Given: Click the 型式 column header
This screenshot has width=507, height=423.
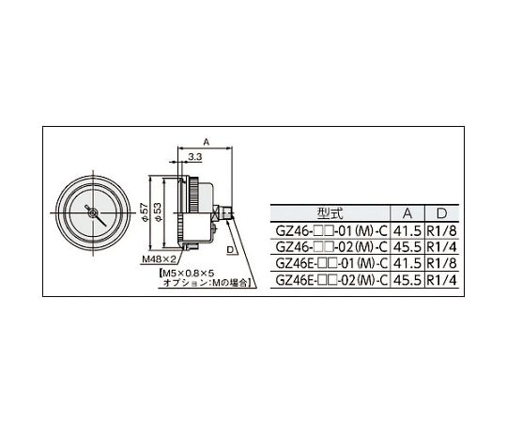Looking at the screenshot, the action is pyautogui.click(x=330, y=213).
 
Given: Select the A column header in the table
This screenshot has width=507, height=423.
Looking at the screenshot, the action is pyautogui.click(x=407, y=213).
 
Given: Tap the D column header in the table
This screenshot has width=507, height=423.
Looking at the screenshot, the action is pyautogui.click(x=441, y=213).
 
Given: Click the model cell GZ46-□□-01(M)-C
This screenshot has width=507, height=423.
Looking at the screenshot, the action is pyautogui.click(x=331, y=231).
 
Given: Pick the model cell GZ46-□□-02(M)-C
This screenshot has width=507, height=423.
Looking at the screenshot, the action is pyautogui.click(x=331, y=247).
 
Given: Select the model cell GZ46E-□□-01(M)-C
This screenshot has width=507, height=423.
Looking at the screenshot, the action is pyautogui.click(x=331, y=263).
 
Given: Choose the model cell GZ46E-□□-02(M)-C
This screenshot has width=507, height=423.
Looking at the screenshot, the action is pyautogui.click(x=331, y=280).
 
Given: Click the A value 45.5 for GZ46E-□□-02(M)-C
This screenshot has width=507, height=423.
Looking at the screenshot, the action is pyautogui.click(x=407, y=280).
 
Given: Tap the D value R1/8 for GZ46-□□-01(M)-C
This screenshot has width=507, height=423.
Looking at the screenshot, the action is pyautogui.click(x=441, y=231).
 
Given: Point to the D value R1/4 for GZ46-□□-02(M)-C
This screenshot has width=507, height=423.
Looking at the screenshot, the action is pyautogui.click(x=441, y=247).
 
